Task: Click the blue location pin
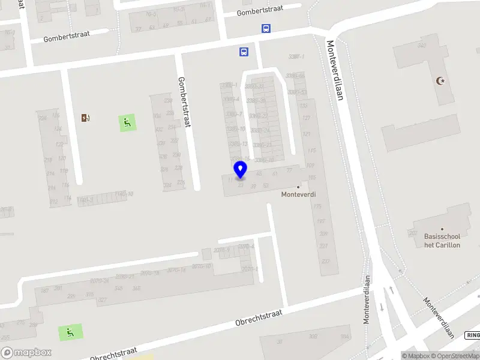(240, 170)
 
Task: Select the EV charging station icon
(86, 118)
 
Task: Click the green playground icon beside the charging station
(127, 124)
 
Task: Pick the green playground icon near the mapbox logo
(70, 332)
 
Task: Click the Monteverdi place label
(298, 194)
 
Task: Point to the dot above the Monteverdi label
(298, 187)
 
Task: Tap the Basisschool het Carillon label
(442, 241)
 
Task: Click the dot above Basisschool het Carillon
(442, 229)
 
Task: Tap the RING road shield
(473, 336)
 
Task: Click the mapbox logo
(26, 352)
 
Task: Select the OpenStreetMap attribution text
(453, 356)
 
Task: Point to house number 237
(325, 261)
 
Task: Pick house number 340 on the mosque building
(422, 46)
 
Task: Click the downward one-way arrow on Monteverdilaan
(381, 307)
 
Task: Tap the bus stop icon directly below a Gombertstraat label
(266, 28)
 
